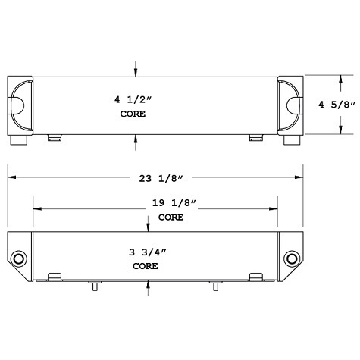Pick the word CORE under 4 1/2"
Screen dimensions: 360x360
click(133, 114)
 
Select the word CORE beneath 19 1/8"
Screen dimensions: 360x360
click(171, 218)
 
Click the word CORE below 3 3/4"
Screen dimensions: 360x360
click(145, 267)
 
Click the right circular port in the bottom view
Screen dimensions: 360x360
click(291, 260)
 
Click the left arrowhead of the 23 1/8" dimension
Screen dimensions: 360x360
click(12, 177)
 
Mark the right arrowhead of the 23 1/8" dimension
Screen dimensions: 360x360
click(300, 177)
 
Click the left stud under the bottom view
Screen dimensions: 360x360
click(94, 286)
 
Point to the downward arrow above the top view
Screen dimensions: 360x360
click(136, 70)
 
